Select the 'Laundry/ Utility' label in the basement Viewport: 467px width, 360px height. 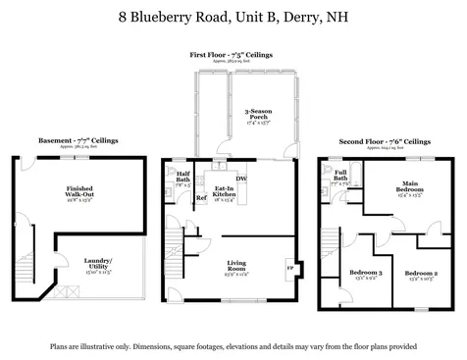tap(98, 262)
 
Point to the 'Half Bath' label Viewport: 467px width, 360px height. tap(183, 178)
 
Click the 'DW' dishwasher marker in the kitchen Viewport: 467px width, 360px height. tap(240, 179)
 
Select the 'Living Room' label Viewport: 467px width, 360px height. tap(237, 264)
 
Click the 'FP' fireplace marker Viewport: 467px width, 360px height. tap(288, 266)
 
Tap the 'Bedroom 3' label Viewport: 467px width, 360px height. tap(364, 274)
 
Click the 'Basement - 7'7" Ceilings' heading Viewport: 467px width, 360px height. tap(78, 141)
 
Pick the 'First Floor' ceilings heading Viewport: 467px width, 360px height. tap(232, 55)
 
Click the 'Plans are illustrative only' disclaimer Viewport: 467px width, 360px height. tap(233, 346)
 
